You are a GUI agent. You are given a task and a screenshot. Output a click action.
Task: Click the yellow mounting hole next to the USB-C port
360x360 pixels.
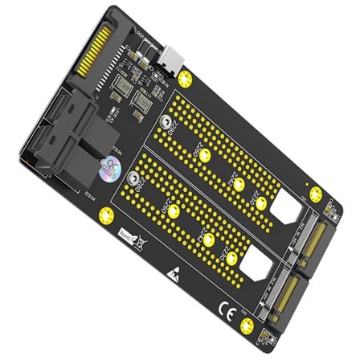pos(186,79)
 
